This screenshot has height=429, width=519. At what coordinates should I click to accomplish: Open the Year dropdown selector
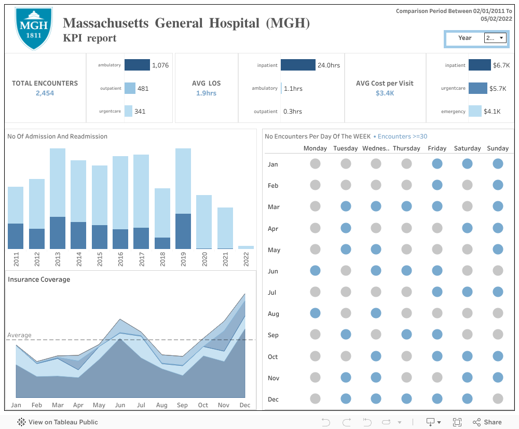pyautogui.click(x=495, y=38)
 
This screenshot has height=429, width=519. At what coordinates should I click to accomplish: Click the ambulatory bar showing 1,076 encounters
pyautogui.click(x=137, y=65)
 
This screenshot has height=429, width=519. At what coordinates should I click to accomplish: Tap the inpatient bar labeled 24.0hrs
pyautogui.click(x=298, y=65)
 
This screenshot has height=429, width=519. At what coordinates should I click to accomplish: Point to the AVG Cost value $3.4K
pyautogui.click(x=385, y=93)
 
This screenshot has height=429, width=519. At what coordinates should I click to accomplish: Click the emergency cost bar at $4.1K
pyautogui.click(x=475, y=111)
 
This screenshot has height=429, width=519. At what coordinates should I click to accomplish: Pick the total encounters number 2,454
pyautogui.click(x=45, y=93)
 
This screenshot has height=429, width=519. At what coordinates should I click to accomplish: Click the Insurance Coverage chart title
pyautogui.click(x=39, y=280)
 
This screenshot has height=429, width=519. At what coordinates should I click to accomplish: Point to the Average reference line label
pyautogui.click(x=19, y=335)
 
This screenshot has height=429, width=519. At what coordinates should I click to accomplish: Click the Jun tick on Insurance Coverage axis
pyautogui.click(x=120, y=405)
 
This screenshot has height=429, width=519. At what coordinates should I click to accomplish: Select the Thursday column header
pyautogui.click(x=406, y=148)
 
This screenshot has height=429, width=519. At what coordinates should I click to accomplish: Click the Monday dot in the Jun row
pyautogui.click(x=315, y=271)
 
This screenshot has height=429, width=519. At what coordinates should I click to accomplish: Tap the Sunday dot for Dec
pyautogui.click(x=498, y=399)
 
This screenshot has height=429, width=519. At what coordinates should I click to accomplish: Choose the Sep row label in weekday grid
pyautogui.click(x=273, y=335)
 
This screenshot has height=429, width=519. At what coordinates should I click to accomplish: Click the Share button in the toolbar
pyautogui.click(x=487, y=422)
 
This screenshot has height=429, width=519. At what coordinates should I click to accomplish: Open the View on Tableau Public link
pyautogui.click(x=58, y=422)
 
